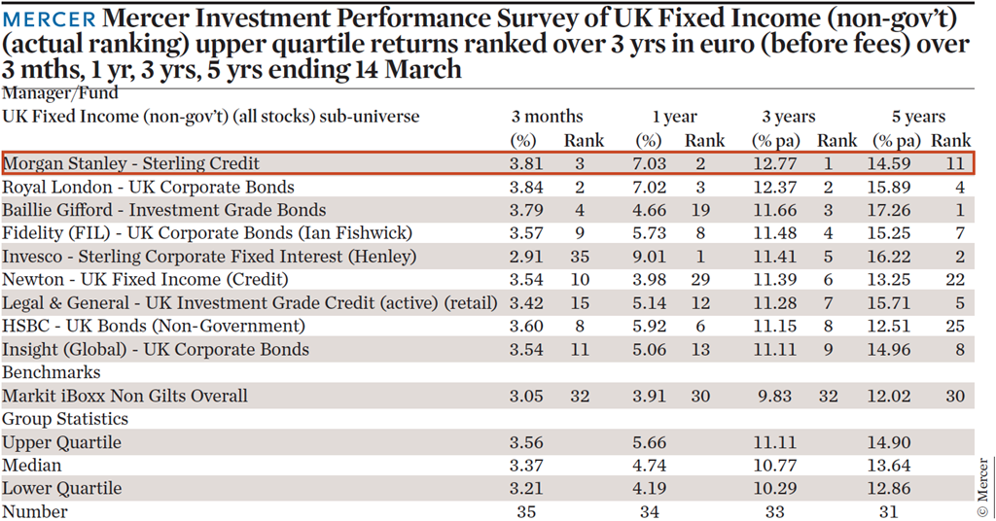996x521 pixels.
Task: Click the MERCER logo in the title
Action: point(49,19)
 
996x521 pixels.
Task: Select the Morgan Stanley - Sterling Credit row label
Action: point(131,163)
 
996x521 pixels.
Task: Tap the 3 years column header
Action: point(789,117)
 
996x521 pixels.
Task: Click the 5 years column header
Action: point(918,117)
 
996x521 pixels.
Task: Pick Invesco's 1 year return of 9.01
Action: point(649,257)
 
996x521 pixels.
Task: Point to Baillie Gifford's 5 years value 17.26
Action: point(889,210)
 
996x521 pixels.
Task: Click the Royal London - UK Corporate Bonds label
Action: point(148,188)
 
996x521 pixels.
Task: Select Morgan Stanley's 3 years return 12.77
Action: point(775,163)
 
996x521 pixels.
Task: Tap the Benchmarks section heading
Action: point(52,372)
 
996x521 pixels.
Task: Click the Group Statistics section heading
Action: point(65,420)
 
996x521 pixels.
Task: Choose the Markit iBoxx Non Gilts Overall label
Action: point(124,396)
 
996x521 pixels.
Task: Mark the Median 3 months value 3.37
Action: point(526,466)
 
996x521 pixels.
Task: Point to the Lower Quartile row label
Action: point(61,489)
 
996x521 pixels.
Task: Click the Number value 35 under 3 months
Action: point(526,511)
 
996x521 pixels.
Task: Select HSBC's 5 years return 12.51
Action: point(889,327)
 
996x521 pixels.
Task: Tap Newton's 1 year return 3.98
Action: point(649,280)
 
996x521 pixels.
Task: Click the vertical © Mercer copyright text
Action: point(983,487)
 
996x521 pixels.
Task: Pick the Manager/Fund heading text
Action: point(59,93)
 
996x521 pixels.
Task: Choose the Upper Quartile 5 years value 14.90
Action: point(889,442)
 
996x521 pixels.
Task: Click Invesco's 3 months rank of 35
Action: point(580,257)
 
